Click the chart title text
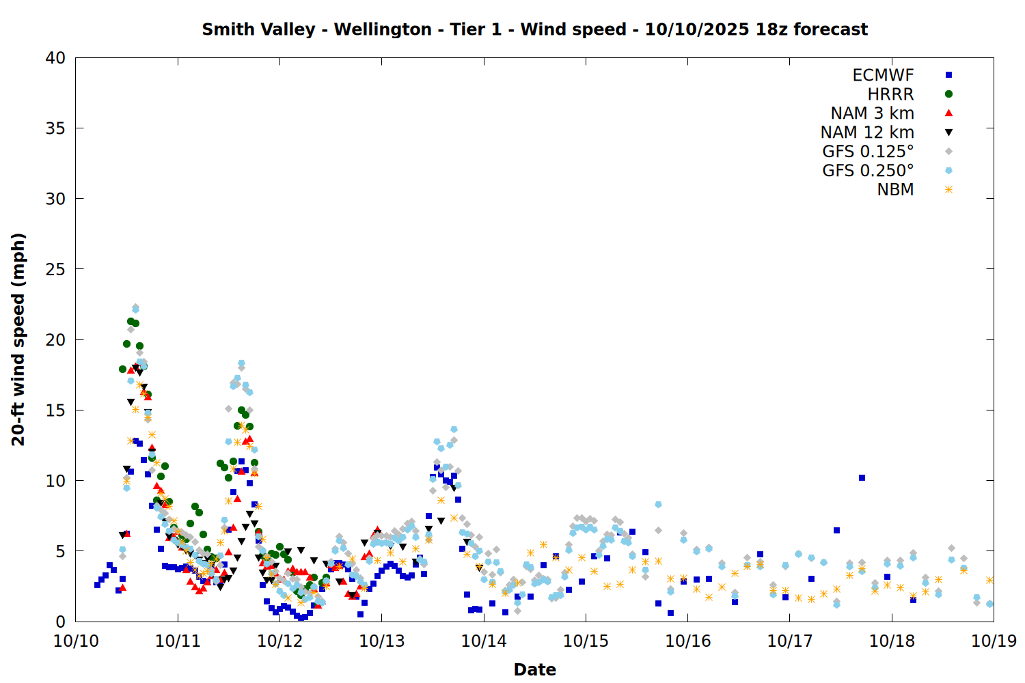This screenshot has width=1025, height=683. click(x=534, y=29)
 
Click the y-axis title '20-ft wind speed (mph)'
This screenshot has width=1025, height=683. click(x=18, y=339)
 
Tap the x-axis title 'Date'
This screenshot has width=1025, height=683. click(x=534, y=669)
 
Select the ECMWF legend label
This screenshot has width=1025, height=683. click(x=883, y=75)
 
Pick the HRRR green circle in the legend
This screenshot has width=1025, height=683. click(x=948, y=94)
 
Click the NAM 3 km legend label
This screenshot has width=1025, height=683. click(x=872, y=113)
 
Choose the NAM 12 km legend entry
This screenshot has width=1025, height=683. click(x=867, y=133)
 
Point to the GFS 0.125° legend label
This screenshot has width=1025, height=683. click(x=868, y=152)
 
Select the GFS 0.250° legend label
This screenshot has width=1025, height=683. click(x=868, y=171)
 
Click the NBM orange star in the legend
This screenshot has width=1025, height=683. click(x=948, y=190)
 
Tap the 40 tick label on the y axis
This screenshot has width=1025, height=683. click(x=55, y=58)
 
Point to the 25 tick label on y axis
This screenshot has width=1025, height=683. click(x=55, y=269)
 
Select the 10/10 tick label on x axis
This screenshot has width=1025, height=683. click(x=76, y=641)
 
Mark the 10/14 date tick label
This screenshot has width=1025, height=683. click(x=484, y=641)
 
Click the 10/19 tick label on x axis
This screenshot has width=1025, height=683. click(x=994, y=641)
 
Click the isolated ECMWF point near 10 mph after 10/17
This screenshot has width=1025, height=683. click(x=862, y=477)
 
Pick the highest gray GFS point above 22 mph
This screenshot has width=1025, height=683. click(x=135, y=307)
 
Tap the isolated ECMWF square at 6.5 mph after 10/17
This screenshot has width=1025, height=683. click(x=836, y=530)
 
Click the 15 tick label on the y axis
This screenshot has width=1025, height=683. click(x=55, y=410)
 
